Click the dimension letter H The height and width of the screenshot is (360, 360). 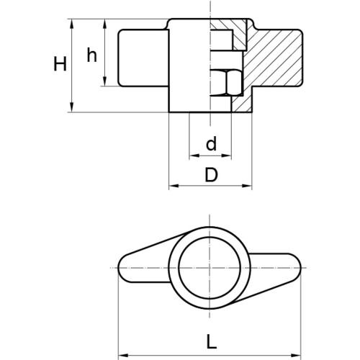[60, 64]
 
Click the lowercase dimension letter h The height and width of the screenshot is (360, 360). [92, 55]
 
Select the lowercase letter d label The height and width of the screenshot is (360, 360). [211, 143]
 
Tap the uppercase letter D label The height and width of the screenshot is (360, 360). [211, 174]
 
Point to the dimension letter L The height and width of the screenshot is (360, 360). [212, 341]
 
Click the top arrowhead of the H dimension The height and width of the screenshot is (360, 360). [71, 24]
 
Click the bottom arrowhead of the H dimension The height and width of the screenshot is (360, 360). [71, 107]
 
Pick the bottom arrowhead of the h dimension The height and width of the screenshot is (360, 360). [105, 81]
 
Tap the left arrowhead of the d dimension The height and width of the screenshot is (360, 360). [194, 156]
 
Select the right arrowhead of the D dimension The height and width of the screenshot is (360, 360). [247, 186]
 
